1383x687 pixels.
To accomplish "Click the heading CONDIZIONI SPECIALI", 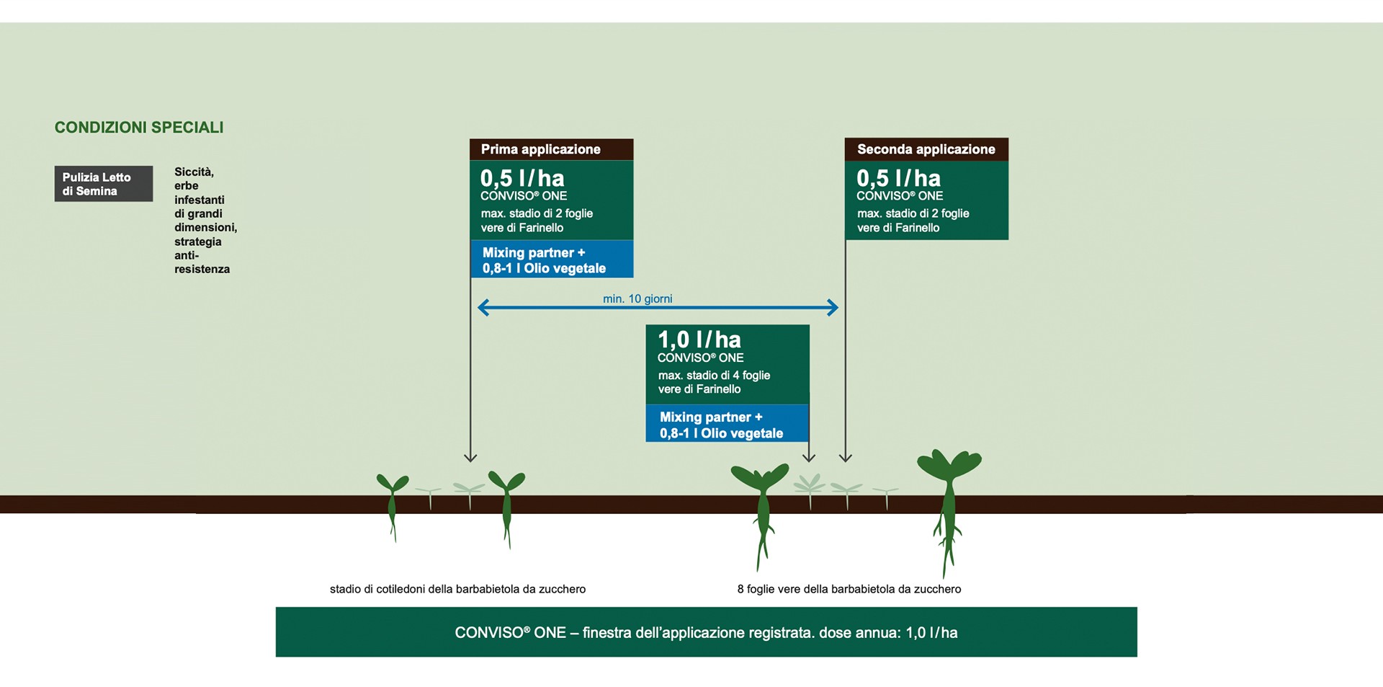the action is click(x=139, y=128).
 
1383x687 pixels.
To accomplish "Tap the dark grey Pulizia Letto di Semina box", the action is click(x=104, y=184).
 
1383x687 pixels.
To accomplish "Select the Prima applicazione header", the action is click(x=552, y=149).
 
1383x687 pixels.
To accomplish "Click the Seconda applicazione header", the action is click(x=926, y=149).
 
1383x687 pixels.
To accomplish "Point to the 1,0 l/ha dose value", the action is click(x=699, y=340).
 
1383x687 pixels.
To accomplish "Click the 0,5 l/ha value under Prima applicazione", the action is click(x=522, y=178).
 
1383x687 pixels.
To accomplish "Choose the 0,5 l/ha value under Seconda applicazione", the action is click(x=898, y=178).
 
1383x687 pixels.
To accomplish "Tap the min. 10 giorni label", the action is click(x=637, y=298).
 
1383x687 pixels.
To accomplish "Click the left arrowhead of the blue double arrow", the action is click(x=483, y=308).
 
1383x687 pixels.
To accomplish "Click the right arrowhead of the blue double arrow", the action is click(x=833, y=308).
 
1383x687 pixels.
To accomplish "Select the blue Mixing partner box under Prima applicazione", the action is click(x=552, y=260).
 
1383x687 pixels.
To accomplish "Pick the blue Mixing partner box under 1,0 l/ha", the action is click(x=728, y=424).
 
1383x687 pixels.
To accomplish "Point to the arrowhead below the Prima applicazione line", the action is click(x=470, y=457).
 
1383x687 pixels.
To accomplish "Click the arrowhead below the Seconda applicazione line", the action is click(x=846, y=457).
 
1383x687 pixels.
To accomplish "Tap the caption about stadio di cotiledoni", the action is click(x=457, y=589).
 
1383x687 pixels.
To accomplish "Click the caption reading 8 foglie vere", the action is click(x=849, y=589).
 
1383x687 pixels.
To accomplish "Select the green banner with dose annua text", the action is click(x=707, y=632).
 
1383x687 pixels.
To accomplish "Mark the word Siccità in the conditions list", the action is click(x=194, y=172).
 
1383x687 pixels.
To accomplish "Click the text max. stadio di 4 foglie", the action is click(x=714, y=375).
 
